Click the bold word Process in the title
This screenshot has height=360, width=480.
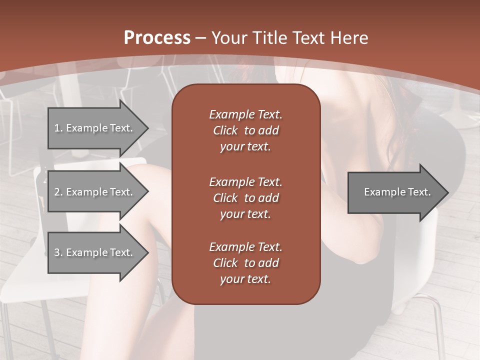(x=157, y=38)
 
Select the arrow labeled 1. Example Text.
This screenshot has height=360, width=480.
(x=95, y=128)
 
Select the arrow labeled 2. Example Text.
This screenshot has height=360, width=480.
(x=95, y=192)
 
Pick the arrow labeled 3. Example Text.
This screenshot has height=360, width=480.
(x=95, y=252)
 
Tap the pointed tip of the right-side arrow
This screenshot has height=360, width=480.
(x=447, y=192)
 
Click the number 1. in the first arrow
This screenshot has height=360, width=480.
(x=58, y=128)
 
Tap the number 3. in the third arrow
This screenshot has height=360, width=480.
(x=58, y=253)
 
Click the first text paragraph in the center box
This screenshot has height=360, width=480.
(x=245, y=130)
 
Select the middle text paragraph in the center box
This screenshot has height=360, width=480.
(x=245, y=198)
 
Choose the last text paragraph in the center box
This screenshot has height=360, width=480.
(x=245, y=263)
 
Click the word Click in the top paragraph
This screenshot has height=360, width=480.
(x=225, y=131)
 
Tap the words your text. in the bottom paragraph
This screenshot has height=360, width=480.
(x=245, y=279)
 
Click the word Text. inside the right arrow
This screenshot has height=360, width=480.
(x=417, y=192)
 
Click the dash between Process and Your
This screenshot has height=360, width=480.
(x=200, y=38)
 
